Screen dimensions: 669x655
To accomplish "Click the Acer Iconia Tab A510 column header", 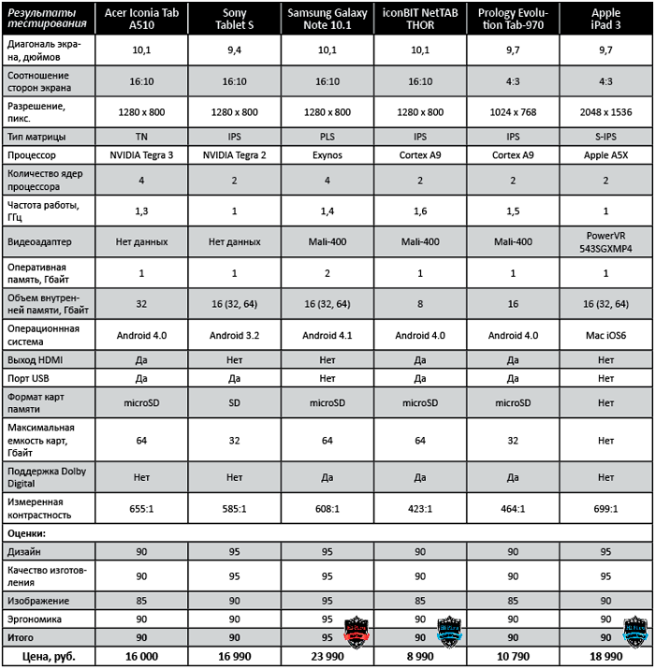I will point(141,18).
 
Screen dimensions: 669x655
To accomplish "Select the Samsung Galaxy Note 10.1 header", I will point(327,18).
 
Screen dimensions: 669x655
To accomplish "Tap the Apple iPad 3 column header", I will point(605,18).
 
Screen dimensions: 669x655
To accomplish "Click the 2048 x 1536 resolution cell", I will point(605,111).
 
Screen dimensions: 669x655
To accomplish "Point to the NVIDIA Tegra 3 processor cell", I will point(141,154).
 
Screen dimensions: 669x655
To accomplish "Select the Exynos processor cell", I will point(327,154).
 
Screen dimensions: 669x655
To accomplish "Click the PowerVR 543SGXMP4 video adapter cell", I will point(605,241).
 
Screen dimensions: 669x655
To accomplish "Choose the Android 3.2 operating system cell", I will point(235,334).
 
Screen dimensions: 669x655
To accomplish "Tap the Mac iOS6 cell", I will point(605,334).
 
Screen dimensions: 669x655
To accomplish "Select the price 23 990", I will point(327,657).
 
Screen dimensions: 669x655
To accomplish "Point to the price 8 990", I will point(421,657).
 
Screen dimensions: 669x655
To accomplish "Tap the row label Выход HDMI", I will point(38,359).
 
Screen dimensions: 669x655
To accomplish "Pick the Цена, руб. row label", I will point(48,657).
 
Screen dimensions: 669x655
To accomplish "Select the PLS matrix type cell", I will point(327,136).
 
